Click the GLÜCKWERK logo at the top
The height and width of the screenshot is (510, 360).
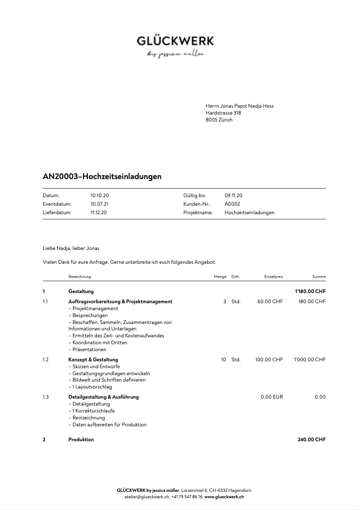coord(175,41)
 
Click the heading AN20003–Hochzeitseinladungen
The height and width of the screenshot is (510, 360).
coord(102,176)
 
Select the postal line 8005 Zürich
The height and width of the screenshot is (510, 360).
coord(219,120)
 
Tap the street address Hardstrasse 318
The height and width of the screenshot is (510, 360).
coord(223,113)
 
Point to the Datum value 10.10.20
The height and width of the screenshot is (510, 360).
coord(100,196)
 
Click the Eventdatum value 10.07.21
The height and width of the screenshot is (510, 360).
coord(100,204)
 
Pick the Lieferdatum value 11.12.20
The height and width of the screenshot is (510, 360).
coord(99,213)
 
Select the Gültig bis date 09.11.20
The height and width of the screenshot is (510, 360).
coord(233,196)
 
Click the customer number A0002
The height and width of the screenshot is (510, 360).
coord(232,204)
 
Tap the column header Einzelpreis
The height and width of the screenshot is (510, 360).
coord(273,277)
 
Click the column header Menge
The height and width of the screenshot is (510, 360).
coord(220,277)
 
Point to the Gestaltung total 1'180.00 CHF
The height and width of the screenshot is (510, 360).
coord(310,292)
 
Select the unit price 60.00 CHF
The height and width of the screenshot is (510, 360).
coord(270,302)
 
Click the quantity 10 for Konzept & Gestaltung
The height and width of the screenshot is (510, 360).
coord(224,360)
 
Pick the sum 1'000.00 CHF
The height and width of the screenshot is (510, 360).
coord(309,360)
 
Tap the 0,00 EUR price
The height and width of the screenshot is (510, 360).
coord(272,397)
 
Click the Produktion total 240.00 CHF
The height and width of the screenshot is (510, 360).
coord(312,440)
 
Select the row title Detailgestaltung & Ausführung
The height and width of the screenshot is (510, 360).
coord(103,397)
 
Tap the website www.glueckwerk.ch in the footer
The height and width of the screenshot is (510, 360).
coord(224,497)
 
